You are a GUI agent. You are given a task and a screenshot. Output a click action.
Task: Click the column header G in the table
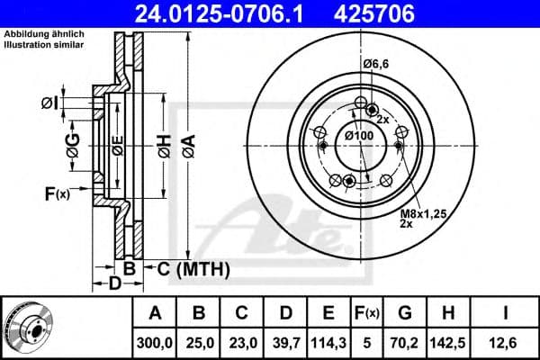pyautogui.click(x=406, y=313)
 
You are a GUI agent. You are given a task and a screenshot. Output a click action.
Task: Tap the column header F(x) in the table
pyautogui.click(x=367, y=313)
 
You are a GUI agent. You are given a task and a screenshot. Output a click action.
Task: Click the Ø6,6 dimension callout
pyautogui.click(x=375, y=63)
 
